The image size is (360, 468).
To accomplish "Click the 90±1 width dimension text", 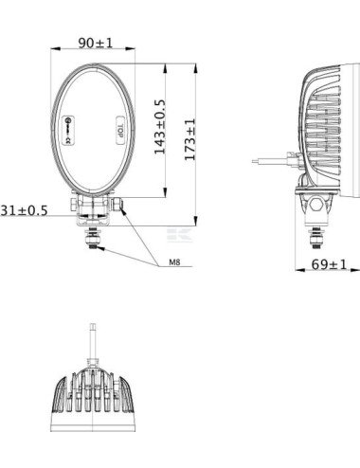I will [95, 43].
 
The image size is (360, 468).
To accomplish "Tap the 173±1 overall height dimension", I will [189, 139].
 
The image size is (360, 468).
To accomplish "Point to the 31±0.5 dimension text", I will [25, 209].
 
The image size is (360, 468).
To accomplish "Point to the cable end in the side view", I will [256, 161].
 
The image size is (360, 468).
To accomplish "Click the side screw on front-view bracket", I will [117, 203].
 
